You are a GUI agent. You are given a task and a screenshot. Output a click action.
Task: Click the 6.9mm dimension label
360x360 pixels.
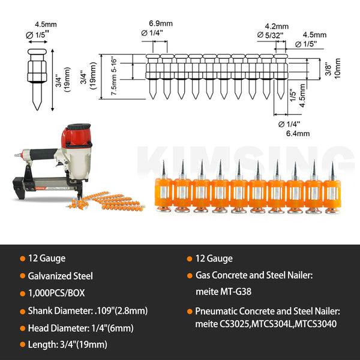pyautogui.click(x=158, y=23)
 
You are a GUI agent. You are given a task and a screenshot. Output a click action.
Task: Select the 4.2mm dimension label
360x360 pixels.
pyautogui.click(x=277, y=26)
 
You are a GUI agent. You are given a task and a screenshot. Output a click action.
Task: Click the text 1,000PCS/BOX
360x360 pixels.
pyautogui.click(x=58, y=293)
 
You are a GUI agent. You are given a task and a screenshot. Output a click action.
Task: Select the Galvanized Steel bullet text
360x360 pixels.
pyautogui.click(x=60, y=276)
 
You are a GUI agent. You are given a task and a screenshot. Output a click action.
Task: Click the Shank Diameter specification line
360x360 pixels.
pyautogui.click(x=88, y=311)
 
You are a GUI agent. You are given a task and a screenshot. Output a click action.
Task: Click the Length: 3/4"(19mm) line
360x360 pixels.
pyautogui.click(x=67, y=345)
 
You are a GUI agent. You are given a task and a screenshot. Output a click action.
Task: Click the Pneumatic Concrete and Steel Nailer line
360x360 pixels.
pyautogui.click(x=267, y=311)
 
